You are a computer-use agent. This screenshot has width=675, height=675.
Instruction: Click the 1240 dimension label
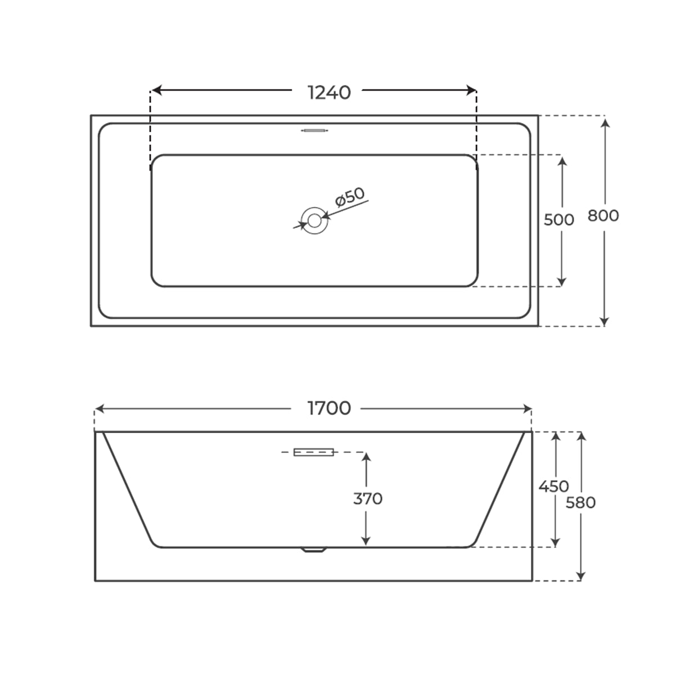[x=329, y=92]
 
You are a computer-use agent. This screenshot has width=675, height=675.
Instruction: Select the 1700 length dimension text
[x=329, y=408]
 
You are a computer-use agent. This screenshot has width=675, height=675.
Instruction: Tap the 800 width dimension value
[x=603, y=215]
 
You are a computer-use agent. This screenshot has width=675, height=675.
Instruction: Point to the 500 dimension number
[x=559, y=219]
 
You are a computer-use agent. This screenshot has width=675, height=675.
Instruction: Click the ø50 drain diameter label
[x=349, y=197]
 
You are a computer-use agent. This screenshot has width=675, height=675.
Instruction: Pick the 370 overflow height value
[x=367, y=498]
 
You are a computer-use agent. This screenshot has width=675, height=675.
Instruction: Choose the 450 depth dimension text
[x=553, y=486]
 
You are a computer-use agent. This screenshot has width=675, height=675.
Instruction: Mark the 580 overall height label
[x=580, y=502]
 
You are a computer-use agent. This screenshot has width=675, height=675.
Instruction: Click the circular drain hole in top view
[x=314, y=220]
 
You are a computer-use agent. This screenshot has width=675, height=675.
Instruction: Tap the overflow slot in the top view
[x=314, y=130]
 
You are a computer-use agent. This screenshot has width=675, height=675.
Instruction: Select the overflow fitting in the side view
[x=314, y=452]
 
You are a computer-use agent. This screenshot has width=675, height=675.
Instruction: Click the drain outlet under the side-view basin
[x=314, y=550]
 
